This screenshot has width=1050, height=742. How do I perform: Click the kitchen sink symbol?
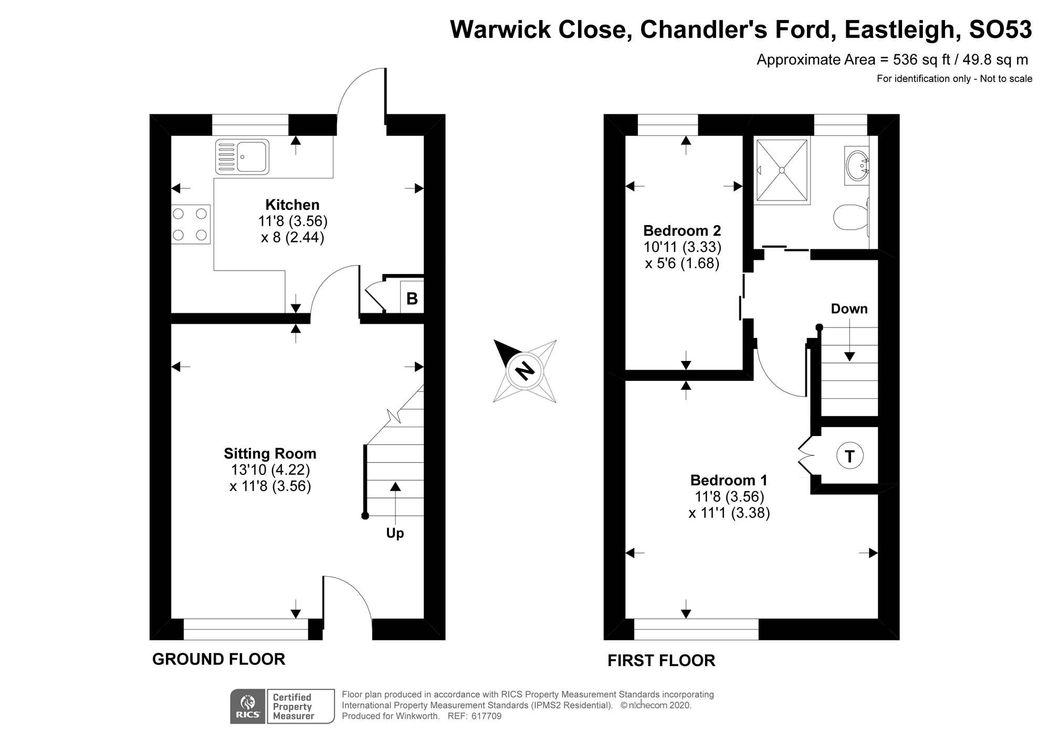coord(242,156)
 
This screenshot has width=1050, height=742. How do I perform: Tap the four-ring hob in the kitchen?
coord(191,225)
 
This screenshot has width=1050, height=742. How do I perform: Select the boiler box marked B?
coord(412,299)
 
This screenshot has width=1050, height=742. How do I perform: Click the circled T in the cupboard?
coord(849,455)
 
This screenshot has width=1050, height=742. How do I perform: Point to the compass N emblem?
coord(524,371)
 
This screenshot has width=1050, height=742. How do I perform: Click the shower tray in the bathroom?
coord(782,170)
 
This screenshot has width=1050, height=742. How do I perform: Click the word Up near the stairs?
coord(395,533)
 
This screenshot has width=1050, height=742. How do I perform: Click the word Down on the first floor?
coord(849,309)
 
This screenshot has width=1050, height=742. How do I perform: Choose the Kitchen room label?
coord(292,205)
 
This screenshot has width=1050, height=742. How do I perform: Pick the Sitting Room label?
coord(270,453)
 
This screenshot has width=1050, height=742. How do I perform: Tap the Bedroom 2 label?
coord(682,230)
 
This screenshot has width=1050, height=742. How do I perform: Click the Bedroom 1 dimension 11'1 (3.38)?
coord(729,513)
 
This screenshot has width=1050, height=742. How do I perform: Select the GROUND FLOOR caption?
coord(218,659)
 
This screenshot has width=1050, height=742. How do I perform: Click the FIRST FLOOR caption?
coord(661,660)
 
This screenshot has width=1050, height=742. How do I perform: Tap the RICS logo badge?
coord(248,706)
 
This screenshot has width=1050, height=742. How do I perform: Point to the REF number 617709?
coord(486,716)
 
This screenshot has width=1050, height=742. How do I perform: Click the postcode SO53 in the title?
coord(1000,30)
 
